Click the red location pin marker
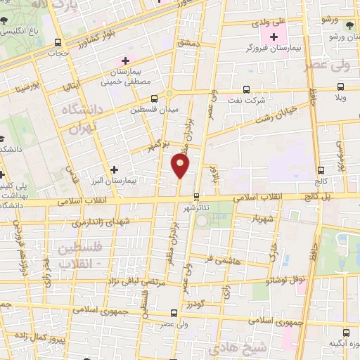click(180, 165)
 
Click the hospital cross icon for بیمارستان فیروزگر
click(274, 36)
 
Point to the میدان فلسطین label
click(155, 110)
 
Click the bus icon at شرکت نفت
click(246, 89)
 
